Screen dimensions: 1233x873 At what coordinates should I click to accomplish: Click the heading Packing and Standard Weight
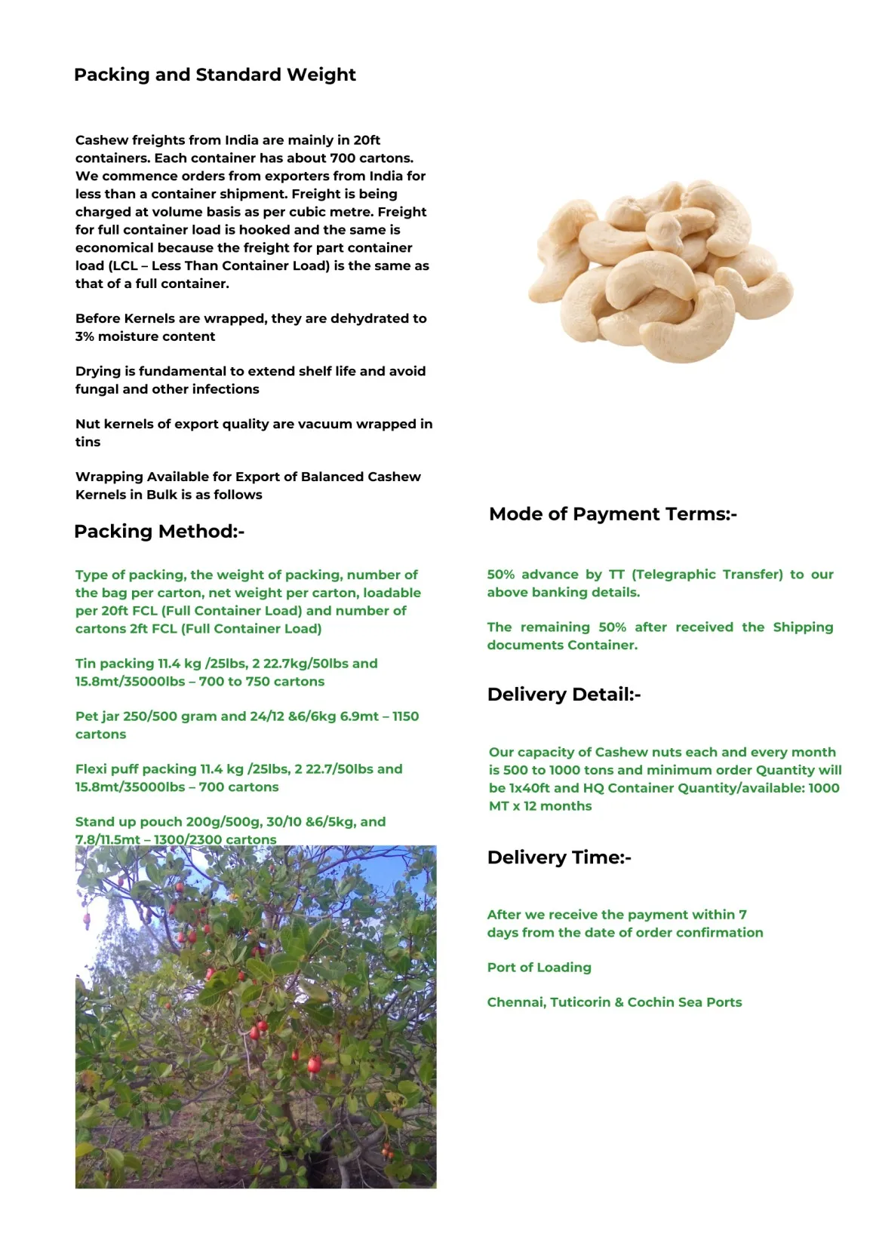coord(214,75)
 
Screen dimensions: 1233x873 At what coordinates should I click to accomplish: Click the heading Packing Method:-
coord(158,531)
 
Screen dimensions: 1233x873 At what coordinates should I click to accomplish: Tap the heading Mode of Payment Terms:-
coord(612,514)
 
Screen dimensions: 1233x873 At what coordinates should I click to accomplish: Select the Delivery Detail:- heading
coord(564,694)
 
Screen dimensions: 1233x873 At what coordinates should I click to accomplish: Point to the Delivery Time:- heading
coord(558,857)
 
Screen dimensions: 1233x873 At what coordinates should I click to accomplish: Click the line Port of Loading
coord(539,967)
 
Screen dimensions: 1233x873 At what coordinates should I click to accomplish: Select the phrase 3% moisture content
coord(145,336)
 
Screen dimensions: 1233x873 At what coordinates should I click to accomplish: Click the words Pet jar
coord(98,716)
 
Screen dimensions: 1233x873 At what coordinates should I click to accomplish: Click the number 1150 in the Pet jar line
coord(405,716)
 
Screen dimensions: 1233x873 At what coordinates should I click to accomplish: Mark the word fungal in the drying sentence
coord(97,389)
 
